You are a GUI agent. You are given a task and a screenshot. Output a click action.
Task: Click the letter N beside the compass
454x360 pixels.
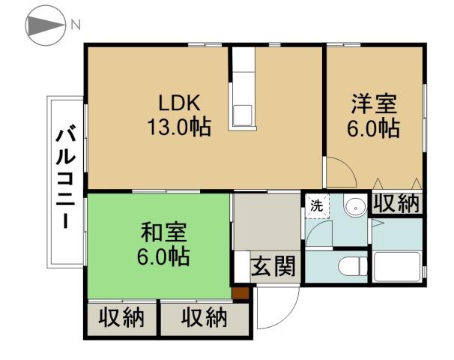(75, 23)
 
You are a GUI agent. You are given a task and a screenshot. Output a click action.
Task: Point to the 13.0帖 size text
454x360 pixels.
(178, 126)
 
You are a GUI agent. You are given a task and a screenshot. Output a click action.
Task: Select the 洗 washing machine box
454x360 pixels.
(317, 205)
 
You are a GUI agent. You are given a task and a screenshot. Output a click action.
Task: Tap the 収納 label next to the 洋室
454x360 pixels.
(396, 203)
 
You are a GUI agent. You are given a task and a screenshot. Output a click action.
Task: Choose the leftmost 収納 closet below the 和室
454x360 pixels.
(121, 318)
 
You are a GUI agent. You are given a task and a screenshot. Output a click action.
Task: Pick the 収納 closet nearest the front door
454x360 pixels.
(204, 318)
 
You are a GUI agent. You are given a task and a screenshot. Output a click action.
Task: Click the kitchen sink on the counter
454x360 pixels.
(243, 114)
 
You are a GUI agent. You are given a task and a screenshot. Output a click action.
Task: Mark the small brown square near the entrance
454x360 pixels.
(240, 293)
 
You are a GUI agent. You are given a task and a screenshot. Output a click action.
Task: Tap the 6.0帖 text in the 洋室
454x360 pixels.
(372, 127)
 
